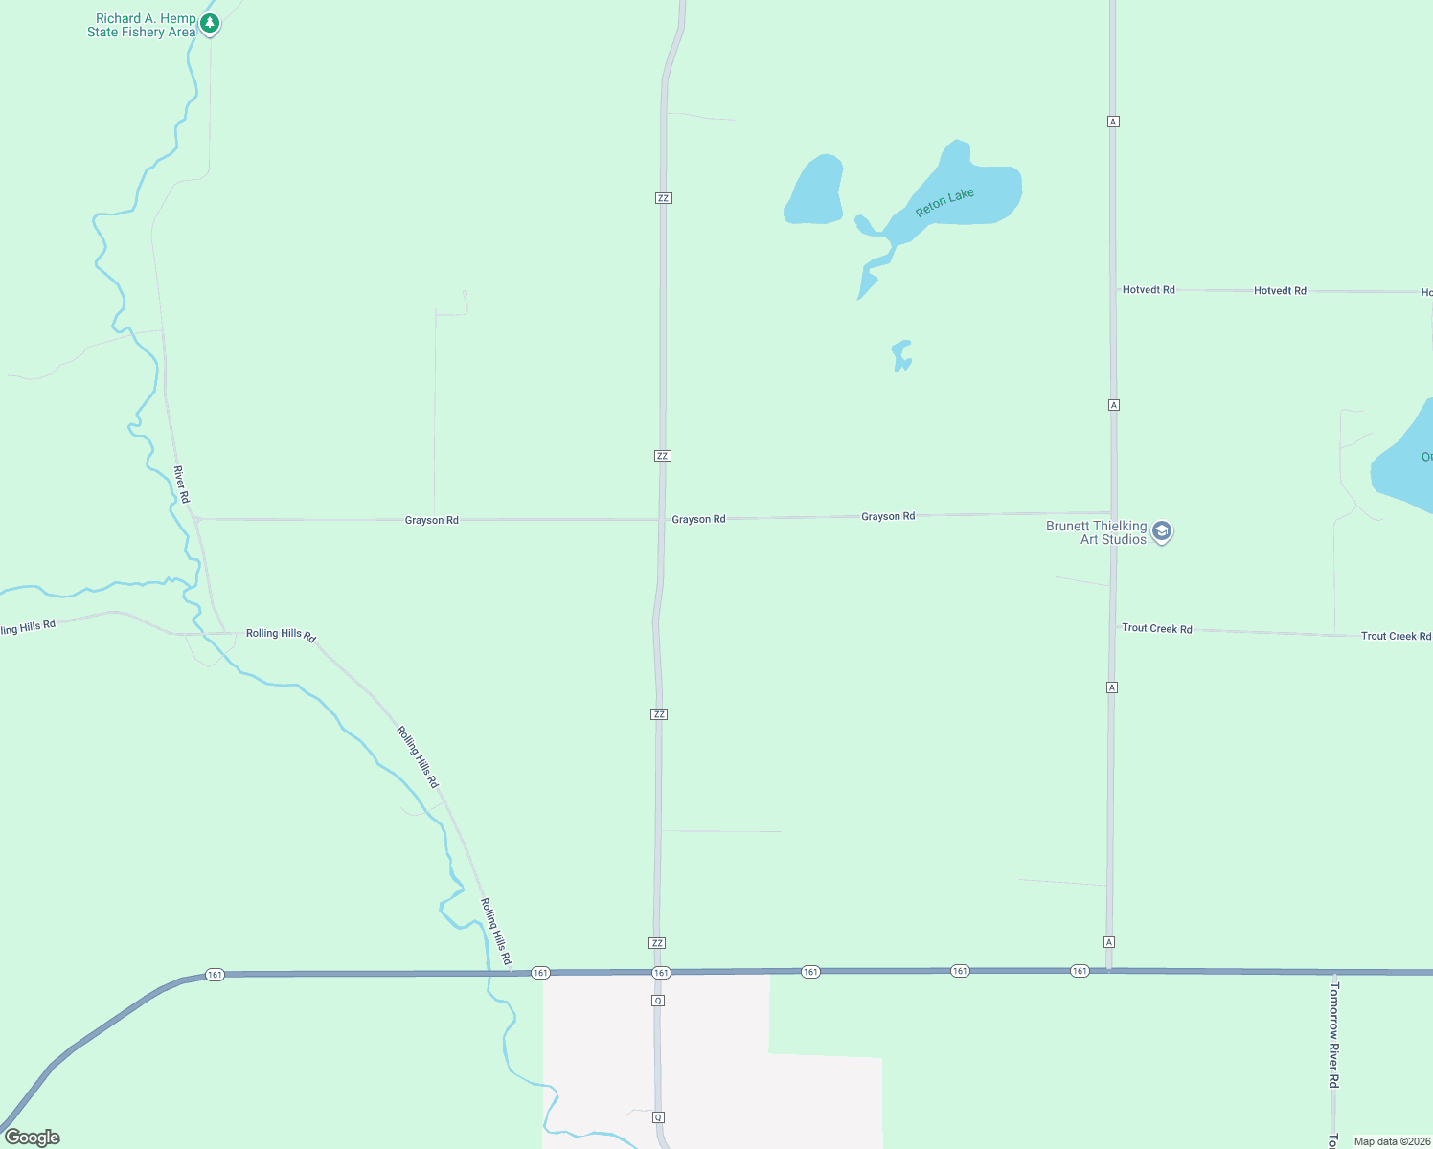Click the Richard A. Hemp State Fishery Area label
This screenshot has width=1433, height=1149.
pyautogui.click(x=141, y=25)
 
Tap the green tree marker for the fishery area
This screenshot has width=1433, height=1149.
pyautogui.click(x=210, y=23)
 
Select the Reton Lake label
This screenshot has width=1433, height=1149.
pyautogui.click(x=944, y=202)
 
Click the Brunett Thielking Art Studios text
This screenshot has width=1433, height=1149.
pyautogui.click(x=1096, y=532)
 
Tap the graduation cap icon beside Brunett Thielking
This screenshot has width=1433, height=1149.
pyautogui.click(x=1162, y=531)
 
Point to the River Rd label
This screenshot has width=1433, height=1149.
pyautogui.click(x=181, y=484)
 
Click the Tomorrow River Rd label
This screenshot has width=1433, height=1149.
pyautogui.click(x=1333, y=1034)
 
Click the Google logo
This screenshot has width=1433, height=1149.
pyautogui.click(x=33, y=1138)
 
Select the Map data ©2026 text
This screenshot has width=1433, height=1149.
pyautogui.click(x=1392, y=1141)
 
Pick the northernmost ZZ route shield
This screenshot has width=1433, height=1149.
pyautogui.click(x=664, y=198)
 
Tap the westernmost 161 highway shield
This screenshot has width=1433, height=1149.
pyautogui.click(x=215, y=975)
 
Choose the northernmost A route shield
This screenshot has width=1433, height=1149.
pyautogui.click(x=1113, y=122)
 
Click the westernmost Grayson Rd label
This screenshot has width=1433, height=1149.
pyautogui.click(x=431, y=520)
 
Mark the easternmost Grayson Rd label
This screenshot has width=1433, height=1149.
pyautogui.click(x=888, y=516)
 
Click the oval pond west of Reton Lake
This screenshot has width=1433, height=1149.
pyautogui.click(x=814, y=191)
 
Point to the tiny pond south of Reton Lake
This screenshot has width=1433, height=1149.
pyautogui.click(x=900, y=354)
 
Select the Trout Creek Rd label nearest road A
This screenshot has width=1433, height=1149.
pyautogui.click(x=1157, y=628)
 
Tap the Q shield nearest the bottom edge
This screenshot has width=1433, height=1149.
pyautogui.click(x=658, y=1117)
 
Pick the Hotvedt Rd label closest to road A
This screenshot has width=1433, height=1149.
pyautogui.click(x=1149, y=289)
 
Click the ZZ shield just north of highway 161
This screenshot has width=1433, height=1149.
pyautogui.click(x=657, y=943)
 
